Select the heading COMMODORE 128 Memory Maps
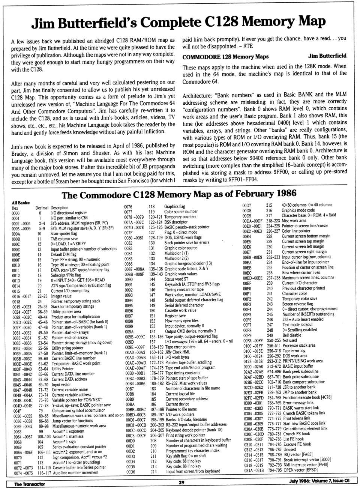225,57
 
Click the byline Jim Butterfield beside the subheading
327,56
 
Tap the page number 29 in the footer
181,482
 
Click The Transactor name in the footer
29,484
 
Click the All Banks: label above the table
21,203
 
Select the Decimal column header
42,208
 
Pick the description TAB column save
64,239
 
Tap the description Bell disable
292,335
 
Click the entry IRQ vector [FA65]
298,454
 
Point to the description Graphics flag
174,206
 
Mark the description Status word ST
176,279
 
